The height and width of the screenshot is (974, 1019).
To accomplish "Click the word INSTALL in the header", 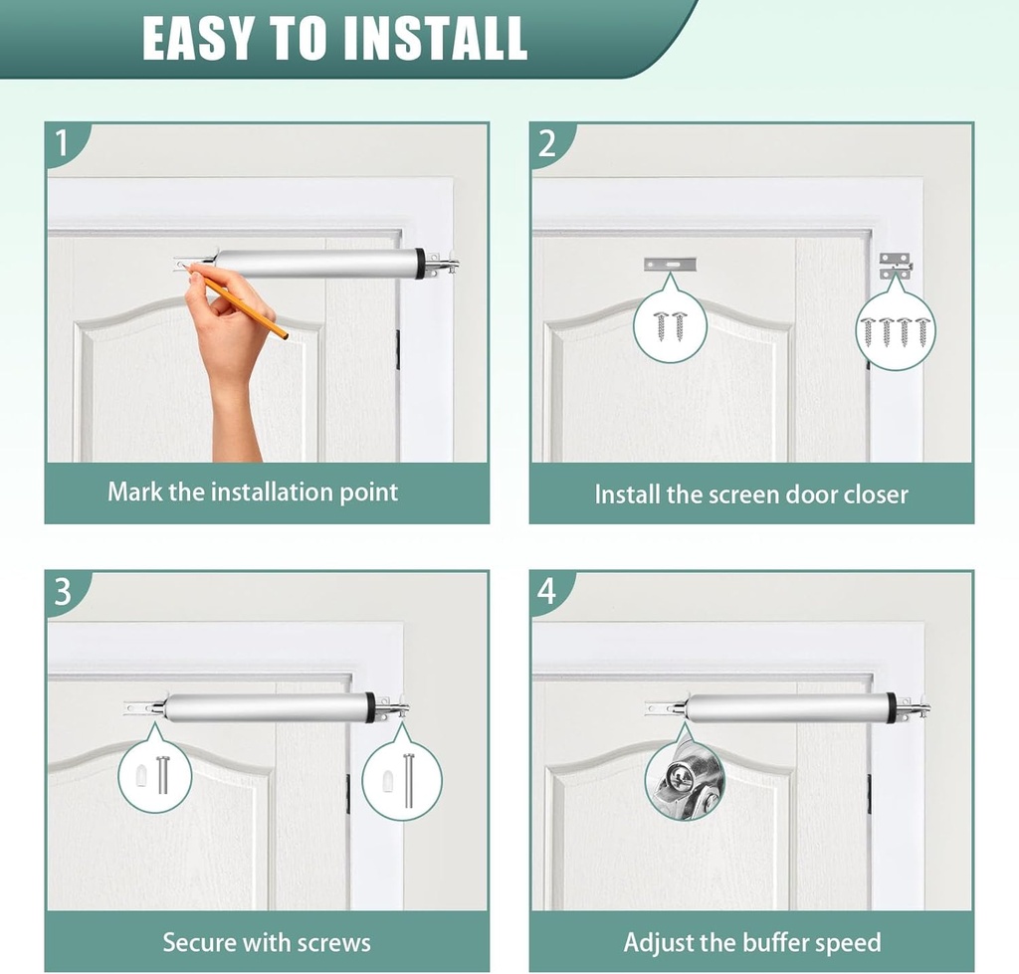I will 433,38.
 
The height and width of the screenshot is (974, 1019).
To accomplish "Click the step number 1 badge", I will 62,143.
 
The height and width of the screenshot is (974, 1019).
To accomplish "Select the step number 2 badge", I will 546,143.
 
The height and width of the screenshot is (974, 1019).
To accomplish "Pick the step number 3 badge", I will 62,592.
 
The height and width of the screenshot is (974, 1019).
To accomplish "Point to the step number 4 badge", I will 546,592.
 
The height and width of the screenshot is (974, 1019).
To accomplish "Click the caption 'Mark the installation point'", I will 253,491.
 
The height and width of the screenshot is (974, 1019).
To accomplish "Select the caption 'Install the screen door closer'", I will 751,494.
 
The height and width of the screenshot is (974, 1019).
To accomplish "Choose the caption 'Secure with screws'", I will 267,942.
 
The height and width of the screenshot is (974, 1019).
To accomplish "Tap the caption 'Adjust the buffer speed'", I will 752,942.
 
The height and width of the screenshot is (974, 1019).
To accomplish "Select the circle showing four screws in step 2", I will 896,330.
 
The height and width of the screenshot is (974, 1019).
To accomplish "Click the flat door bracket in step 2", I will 670,265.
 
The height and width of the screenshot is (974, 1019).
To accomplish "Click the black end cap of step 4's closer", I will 891,707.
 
